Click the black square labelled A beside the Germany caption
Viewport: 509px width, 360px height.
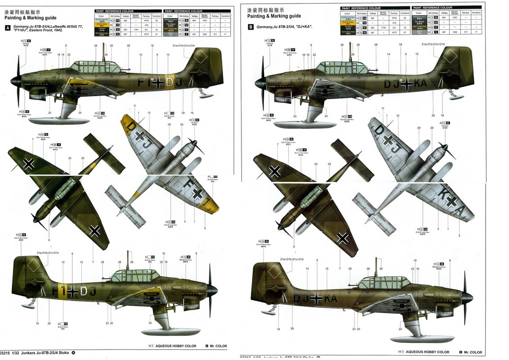click(7, 28)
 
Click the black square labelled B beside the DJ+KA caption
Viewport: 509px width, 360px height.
click(250, 27)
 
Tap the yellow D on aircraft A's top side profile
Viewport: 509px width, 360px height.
click(169, 82)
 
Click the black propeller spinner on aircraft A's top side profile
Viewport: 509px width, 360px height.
click(15, 82)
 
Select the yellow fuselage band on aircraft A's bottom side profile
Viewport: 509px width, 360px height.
click(72, 291)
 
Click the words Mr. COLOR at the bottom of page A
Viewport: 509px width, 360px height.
click(218, 346)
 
